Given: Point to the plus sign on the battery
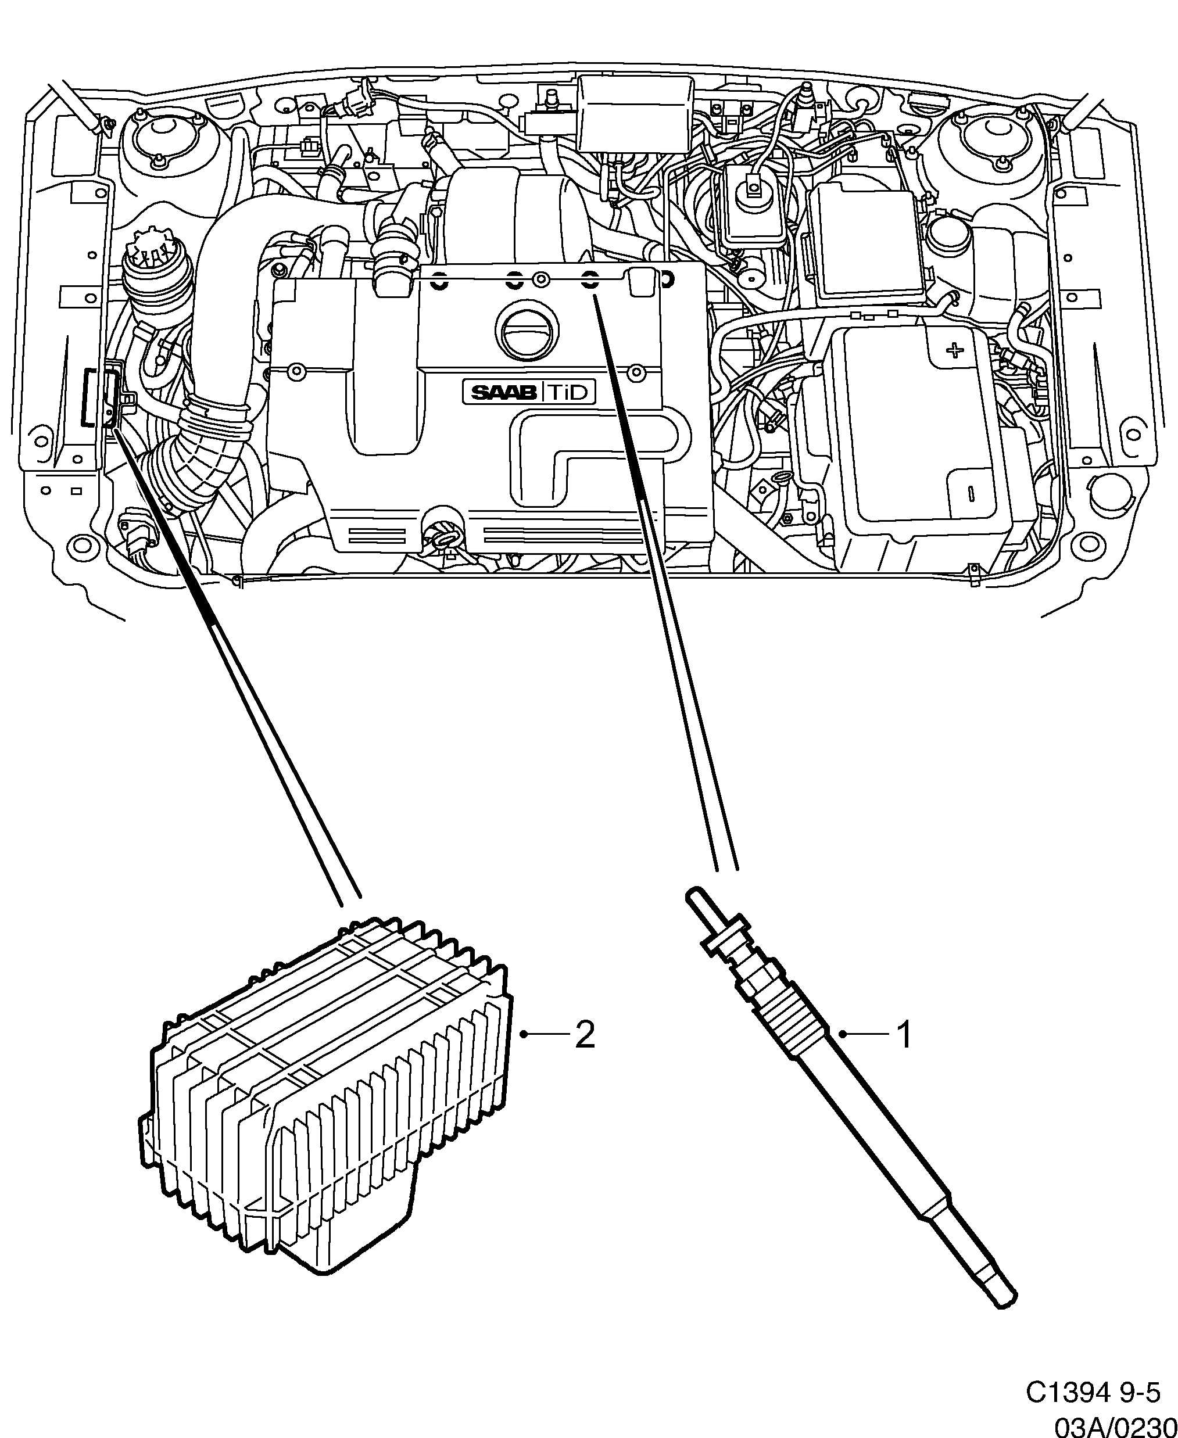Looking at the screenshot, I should [x=955, y=350].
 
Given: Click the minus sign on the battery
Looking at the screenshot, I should [x=971, y=491].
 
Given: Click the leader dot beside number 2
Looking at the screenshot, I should [x=523, y=1053].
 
